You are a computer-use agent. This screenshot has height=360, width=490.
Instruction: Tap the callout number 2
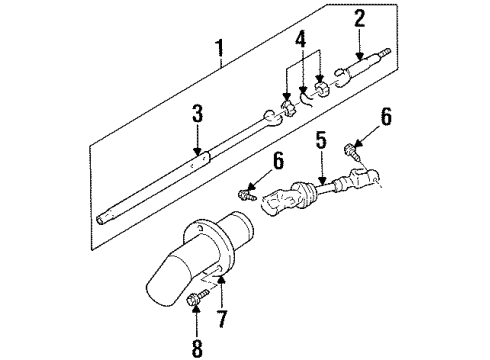(x=359, y=17)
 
